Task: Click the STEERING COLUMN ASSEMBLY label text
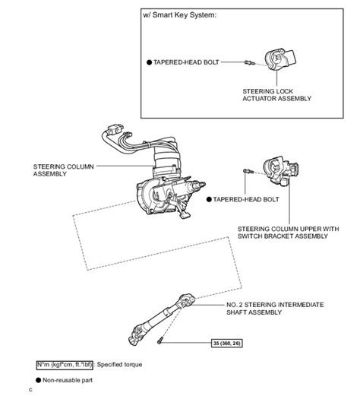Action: tap(62, 169)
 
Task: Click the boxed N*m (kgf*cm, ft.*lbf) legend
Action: tap(65, 365)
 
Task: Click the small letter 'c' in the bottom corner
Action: tap(30, 391)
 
